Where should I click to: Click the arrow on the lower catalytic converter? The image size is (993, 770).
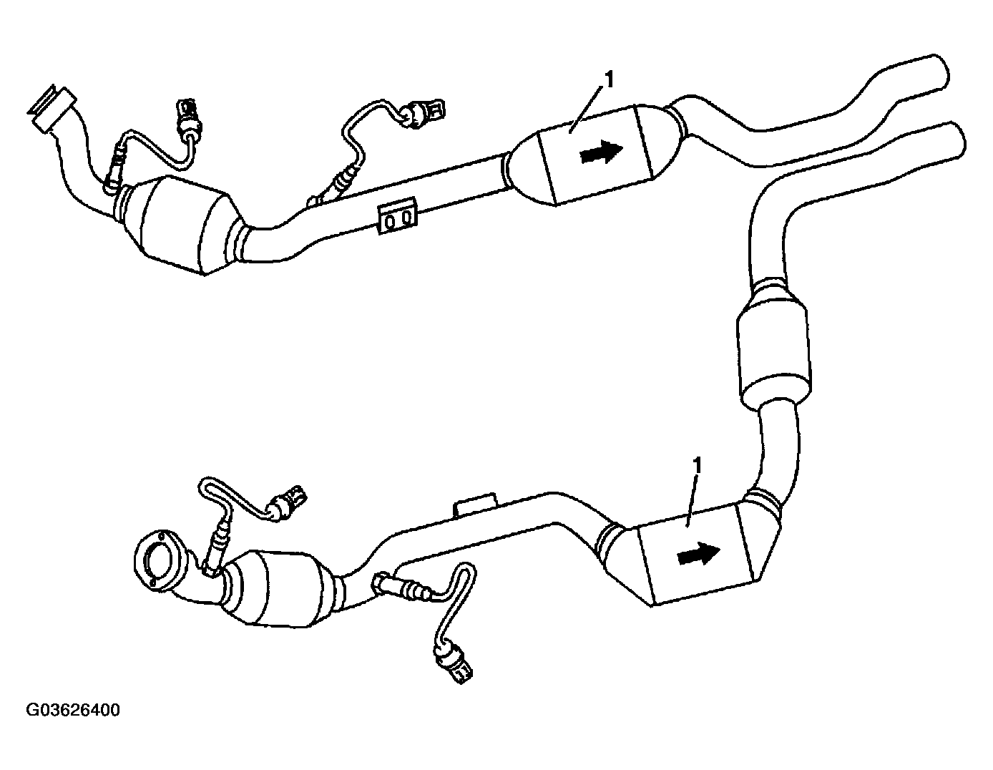click(699, 555)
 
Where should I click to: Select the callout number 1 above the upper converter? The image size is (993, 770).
click(609, 80)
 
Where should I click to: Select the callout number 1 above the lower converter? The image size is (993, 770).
click(698, 466)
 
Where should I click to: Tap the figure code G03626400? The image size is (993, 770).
click(73, 711)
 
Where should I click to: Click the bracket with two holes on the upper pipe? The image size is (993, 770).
click(397, 215)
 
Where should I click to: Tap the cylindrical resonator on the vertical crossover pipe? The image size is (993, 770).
click(773, 351)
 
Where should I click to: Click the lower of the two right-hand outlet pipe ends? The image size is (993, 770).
click(954, 137)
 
